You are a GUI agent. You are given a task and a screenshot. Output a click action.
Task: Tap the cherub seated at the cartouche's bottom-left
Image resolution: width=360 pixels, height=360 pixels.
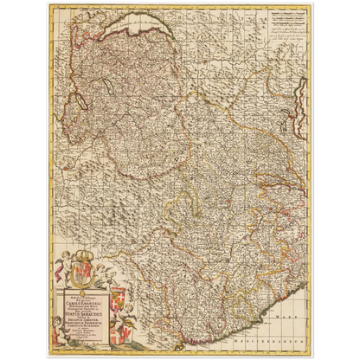pyautogui.click(x=60, y=336)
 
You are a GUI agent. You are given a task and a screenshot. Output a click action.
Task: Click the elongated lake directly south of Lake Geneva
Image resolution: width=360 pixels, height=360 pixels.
pyautogui.click(x=104, y=86)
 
